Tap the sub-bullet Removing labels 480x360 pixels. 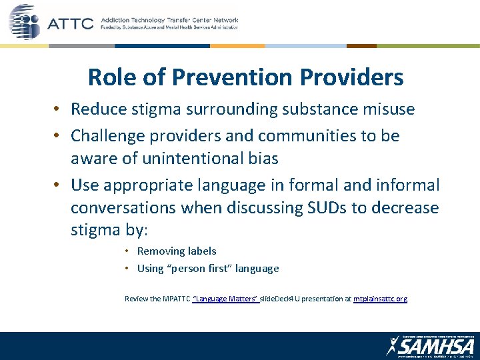[176, 251]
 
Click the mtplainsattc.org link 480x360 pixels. [380, 299]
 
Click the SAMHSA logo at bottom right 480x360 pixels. [430, 345]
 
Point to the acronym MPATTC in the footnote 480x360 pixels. [175, 299]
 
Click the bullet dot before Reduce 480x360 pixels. [59, 109]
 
